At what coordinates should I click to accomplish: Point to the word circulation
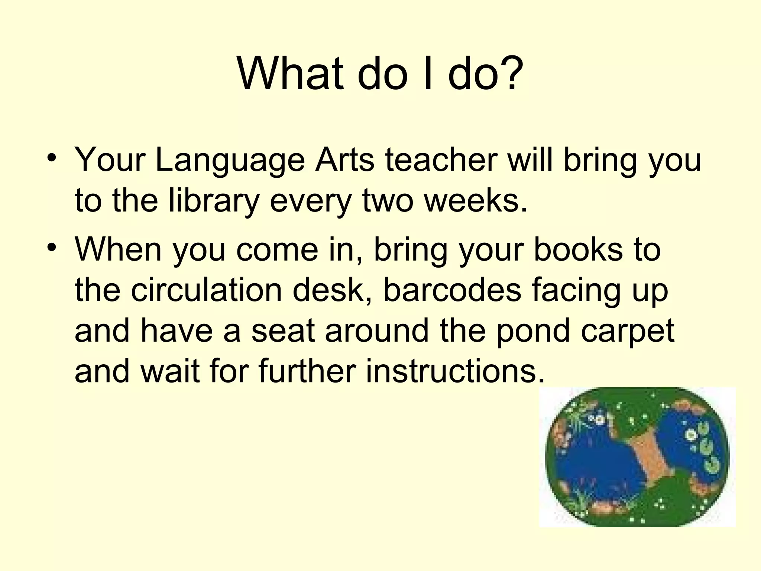[x=206, y=290]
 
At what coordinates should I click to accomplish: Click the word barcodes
[x=452, y=290]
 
